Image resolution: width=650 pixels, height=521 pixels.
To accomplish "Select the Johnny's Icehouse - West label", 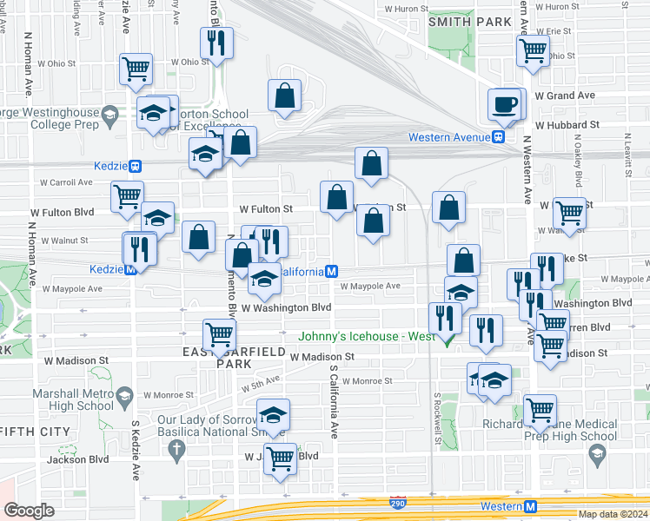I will click(364, 337).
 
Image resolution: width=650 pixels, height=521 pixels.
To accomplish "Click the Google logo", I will click(29, 511).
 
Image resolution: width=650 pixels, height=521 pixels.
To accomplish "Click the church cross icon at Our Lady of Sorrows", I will click(177, 449).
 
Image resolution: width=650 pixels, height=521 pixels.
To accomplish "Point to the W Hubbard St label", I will click(567, 125).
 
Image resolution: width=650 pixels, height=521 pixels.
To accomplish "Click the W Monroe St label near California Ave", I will click(368, 380).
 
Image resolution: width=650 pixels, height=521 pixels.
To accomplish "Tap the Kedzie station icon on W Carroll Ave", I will click(135, 166).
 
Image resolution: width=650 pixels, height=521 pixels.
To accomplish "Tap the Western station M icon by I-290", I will click(530, 506).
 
